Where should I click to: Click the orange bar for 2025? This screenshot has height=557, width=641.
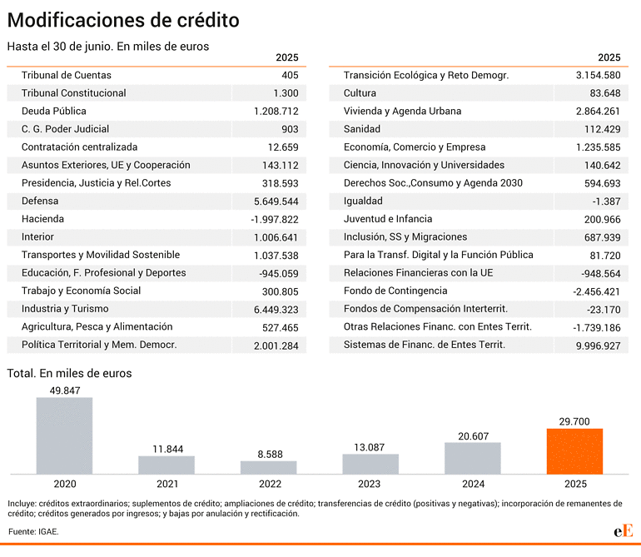pyautogui.click(x=574, y=451)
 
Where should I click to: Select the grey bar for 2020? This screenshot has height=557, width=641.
pyautogui.click(x=64, y=435)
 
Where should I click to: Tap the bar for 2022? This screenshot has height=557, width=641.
pyautogui.click(x=268, y=467)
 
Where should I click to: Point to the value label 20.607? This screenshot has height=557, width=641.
pyautogui.click(x=473, y=436)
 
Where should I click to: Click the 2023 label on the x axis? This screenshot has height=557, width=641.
pyautogui.click(x=369, y=485)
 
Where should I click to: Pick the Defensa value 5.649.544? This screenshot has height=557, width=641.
pyautogui.click(x=276, y=201)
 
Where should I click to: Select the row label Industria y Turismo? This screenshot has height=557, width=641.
pyautogui.click(x=65, y=309)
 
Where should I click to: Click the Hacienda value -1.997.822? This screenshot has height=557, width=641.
pyautogui.click(x=275, y=219)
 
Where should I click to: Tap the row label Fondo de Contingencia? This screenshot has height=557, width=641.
pyautogui.click(x=395, y=291)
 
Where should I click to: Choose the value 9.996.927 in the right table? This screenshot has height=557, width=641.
pyautogui.click(x=598, y=346)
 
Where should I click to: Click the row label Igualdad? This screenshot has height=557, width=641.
pyautogui.click(x=363, y=201)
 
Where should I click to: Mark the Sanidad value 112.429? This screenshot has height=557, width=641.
pyautogui.click(x=602, y=129)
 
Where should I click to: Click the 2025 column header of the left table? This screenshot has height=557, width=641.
pyautogui.click(x=287, y=57)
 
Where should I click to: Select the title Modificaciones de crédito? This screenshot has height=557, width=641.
pyautogui.click(x=123, y=20)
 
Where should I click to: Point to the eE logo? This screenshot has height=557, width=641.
pyautogui.click(x=624, y=531)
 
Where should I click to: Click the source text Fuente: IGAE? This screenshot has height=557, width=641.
pyautogui.click(x=33, y=532)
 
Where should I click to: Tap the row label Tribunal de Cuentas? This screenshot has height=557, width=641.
pyautogui.click(x=67, y=75)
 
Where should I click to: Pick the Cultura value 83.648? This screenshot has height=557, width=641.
pyautogui.click(x=605, y=93)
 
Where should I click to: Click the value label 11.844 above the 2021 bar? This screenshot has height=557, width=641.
pyautogui.click(x=168, y=449)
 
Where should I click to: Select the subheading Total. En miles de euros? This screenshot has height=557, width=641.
pyautogui.click(x=69, y=373)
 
